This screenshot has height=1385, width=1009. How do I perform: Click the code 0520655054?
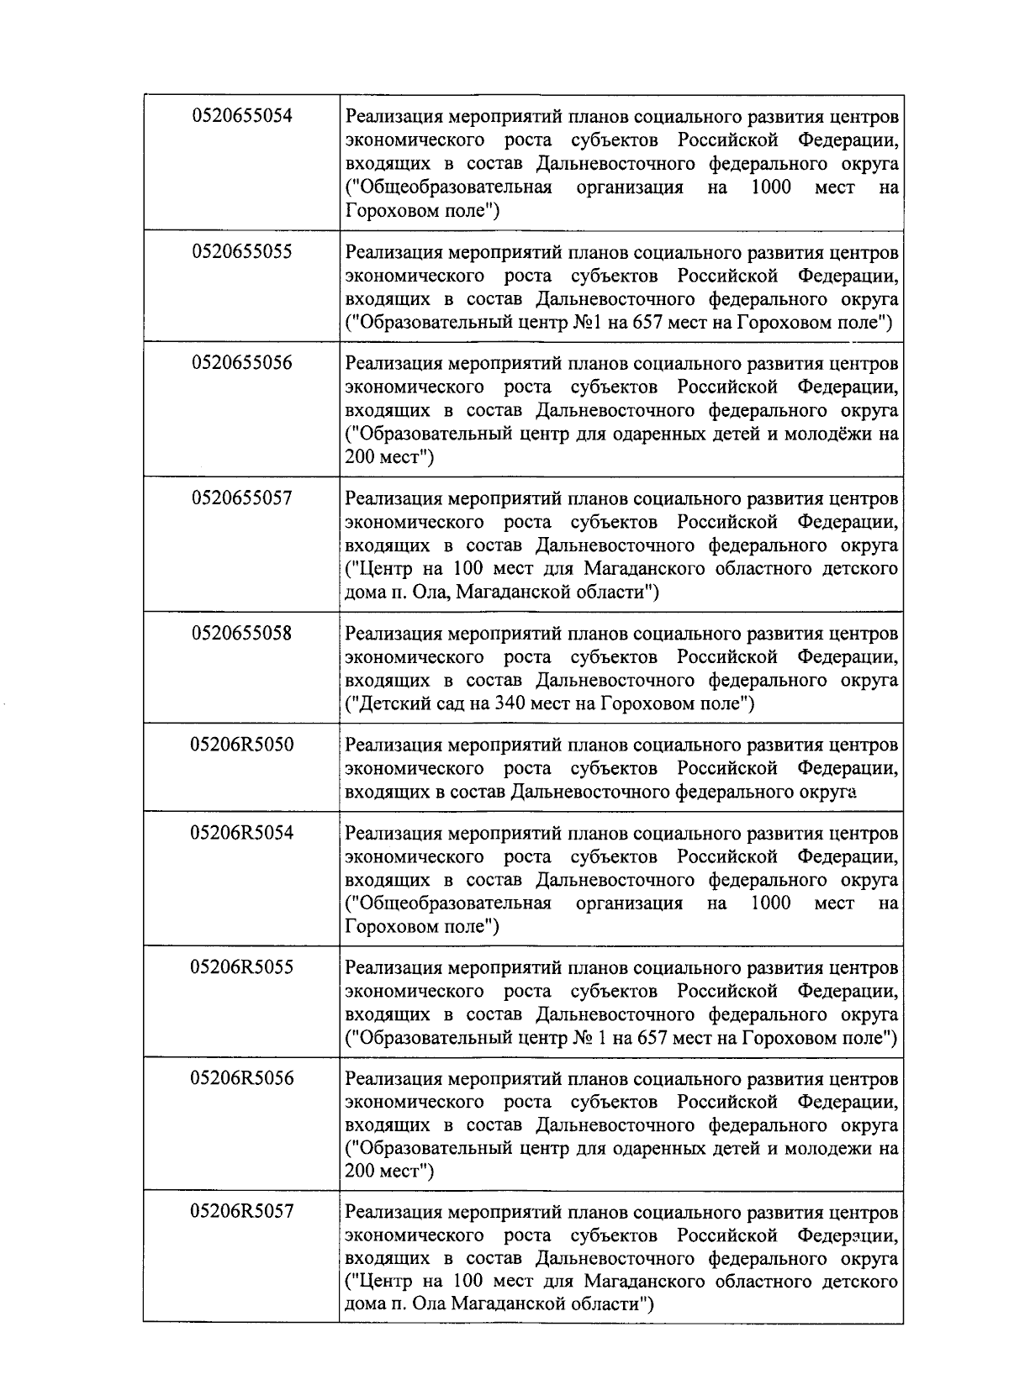click(x=242, y=117)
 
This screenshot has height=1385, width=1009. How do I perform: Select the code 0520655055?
click(x=242, y=252)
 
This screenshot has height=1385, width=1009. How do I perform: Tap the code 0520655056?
click(x=242, y=363)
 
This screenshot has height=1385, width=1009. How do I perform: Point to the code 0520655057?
click(x=242, y=498)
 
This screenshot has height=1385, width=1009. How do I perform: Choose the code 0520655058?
click(x=242, y=633)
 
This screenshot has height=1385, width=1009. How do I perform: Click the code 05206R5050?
click(x=242, y=745)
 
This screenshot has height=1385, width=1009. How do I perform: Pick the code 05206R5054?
click(x=242, y=833)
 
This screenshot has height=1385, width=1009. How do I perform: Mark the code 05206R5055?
click(x=242, y=967)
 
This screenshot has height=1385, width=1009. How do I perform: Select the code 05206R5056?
click(x=242, y=1078)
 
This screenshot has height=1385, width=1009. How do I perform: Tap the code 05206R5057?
click(x=242, y=1212)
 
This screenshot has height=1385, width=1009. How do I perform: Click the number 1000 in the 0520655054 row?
click(x=770, y=187)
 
